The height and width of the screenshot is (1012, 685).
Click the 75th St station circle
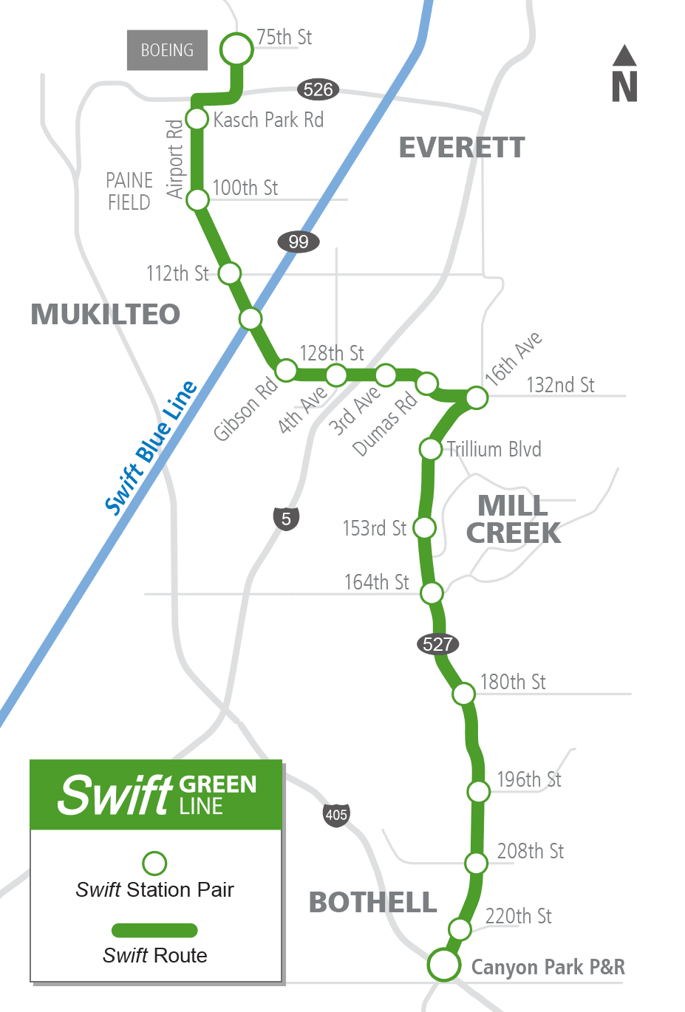[236, 49]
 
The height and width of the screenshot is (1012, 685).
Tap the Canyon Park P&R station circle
[444, 965]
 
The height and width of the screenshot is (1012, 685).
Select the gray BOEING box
[167, 50]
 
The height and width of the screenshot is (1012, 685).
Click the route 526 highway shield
[318, 89]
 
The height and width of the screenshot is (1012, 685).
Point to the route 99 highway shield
[299, 242]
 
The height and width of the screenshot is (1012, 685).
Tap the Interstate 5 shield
[287, 519]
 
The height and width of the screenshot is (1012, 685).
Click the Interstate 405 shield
[336, 815]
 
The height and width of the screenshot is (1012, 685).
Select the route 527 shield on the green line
[437, 644]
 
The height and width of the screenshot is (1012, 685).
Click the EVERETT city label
[462, 148]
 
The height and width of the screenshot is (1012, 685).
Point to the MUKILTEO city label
[105, 314]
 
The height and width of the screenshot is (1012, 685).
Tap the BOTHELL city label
[372, 903]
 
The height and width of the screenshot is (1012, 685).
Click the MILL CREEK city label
[513, 519]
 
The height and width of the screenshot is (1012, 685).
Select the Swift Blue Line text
[151, 448]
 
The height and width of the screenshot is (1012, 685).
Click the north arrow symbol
[624, 74]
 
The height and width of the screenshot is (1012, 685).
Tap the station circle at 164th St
[432, 592]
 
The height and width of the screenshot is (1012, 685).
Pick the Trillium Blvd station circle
[430, 448]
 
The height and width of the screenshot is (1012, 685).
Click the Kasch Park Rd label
[268, 120]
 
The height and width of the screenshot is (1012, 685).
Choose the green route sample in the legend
[154, 930]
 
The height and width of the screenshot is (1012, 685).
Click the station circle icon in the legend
[154, 863]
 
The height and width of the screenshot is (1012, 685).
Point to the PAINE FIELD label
[129, 191]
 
